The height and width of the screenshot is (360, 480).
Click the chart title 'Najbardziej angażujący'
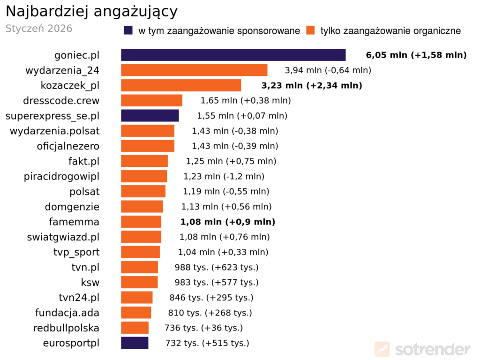tap(92, 11)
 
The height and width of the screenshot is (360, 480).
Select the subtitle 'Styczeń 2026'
tap(39, 29)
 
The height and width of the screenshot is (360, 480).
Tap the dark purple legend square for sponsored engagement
tap(128, 30)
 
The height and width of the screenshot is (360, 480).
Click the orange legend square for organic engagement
tap(309, 30)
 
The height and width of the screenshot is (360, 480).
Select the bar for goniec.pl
tap(233, 55)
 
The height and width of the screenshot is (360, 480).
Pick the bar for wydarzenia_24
tap(194, 70)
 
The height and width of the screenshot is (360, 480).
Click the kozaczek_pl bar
tap(181, 85)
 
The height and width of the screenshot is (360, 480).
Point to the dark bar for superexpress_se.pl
tap(150, 115)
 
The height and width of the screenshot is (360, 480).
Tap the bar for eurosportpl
tap(135, 343)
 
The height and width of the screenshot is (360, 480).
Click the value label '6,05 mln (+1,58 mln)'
tap(416, 55)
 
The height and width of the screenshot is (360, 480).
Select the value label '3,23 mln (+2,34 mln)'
tap(311, 86)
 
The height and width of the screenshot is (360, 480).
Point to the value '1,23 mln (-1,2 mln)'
tap(224, 176)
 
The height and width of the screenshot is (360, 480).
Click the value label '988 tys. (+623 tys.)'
tap(217, 267)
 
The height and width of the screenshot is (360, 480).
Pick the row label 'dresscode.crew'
tap(61, 100)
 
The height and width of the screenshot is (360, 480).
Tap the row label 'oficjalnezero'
tap(68, 146)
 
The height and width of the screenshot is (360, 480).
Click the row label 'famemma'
tap(74, 222)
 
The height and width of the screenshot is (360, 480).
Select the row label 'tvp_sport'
tap(76, 252)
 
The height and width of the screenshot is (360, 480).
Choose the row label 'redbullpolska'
tap(66, 328)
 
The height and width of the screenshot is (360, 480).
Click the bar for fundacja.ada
tap(136, 313)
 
